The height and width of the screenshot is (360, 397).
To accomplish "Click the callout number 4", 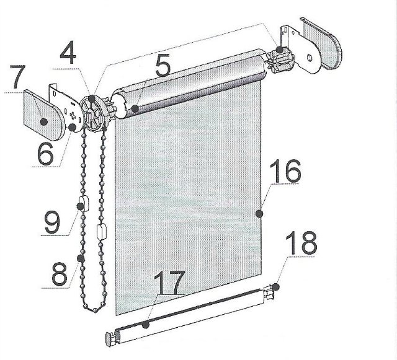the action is coord(68,55).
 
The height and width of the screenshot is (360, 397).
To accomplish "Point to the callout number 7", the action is coord(18,77).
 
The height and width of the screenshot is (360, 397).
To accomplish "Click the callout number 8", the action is coord(60,273).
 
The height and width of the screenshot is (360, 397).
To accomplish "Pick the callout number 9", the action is coord(53,222).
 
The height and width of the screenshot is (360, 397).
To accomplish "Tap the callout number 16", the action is coord(285,171).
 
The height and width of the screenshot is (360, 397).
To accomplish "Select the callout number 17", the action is coord(169,282).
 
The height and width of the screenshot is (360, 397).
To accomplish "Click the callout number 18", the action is coord(301,244).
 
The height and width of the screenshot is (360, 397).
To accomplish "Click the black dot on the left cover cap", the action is coord(44,122).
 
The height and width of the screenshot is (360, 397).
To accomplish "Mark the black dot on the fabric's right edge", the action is coord(259,214).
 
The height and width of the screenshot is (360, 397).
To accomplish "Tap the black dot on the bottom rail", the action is coord(145,325).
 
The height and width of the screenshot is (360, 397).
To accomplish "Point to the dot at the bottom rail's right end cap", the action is coord(275,287).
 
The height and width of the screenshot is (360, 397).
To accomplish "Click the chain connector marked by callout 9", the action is coord(84,204).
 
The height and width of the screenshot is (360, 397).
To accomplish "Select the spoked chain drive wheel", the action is coord(93,113).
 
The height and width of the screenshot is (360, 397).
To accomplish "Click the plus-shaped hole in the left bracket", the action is coord(73,116).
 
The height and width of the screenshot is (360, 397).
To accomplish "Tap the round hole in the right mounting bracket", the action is coord(310,58).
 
